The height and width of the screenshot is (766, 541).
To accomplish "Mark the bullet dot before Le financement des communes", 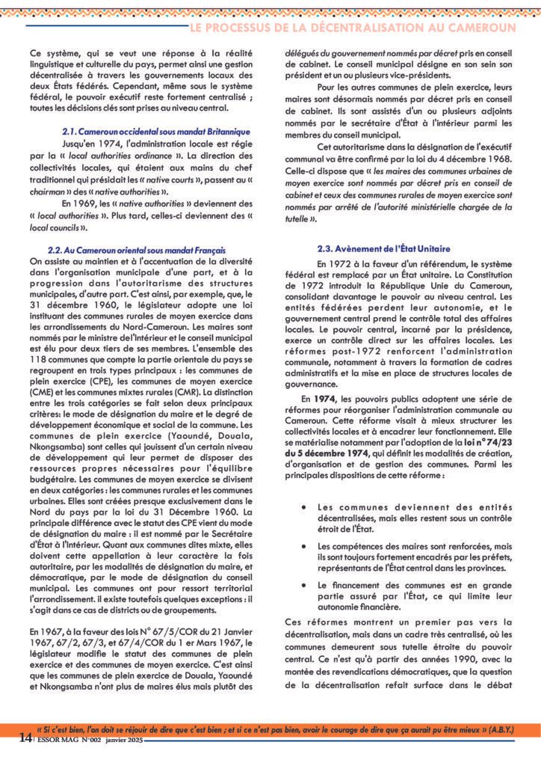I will pyautogui.click(x=303, y=584).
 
